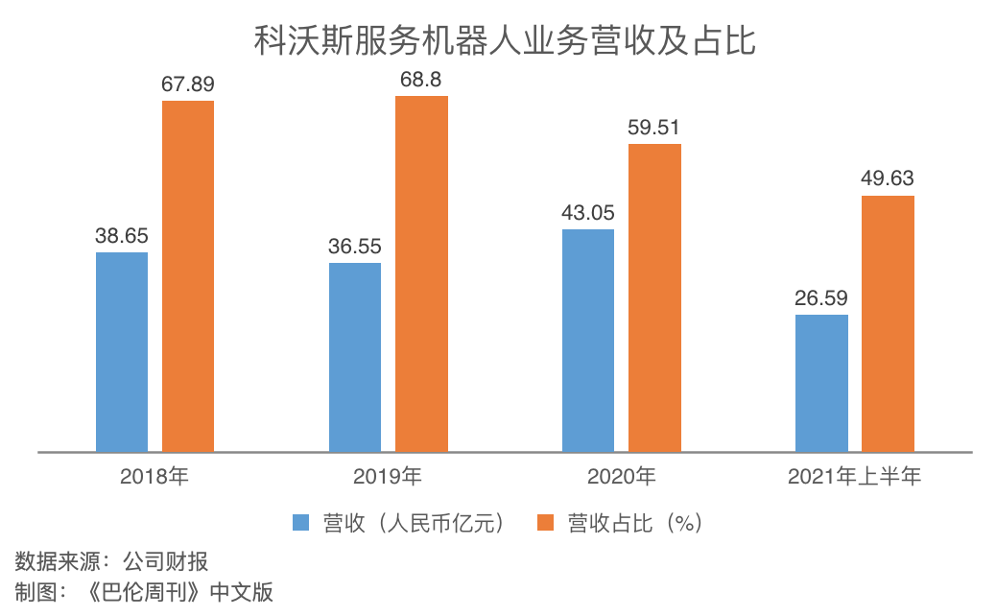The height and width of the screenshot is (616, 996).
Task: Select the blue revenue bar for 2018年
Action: (122, 351)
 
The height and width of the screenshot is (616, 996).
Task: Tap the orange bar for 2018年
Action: (188, 275)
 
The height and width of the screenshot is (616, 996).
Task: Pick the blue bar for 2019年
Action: (355, 356)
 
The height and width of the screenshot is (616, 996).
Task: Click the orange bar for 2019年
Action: (421, 273)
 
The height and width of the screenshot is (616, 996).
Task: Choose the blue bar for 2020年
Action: (587, 340)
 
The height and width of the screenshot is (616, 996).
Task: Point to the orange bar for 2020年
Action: (654, 297)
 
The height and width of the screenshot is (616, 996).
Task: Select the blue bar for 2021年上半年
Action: (821, 382)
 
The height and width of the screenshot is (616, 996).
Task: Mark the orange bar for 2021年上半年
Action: (888, 323)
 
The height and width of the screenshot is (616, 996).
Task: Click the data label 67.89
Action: (188, 84)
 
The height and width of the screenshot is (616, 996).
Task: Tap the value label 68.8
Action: (421, 80)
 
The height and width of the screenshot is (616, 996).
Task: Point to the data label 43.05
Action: (587, 213)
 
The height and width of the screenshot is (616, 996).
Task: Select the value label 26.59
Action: (821, 298)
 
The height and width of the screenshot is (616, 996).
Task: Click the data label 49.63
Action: (888, 179)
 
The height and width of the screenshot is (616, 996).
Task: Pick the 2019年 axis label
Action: (388, 476)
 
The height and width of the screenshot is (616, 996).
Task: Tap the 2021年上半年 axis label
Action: (854, 476)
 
